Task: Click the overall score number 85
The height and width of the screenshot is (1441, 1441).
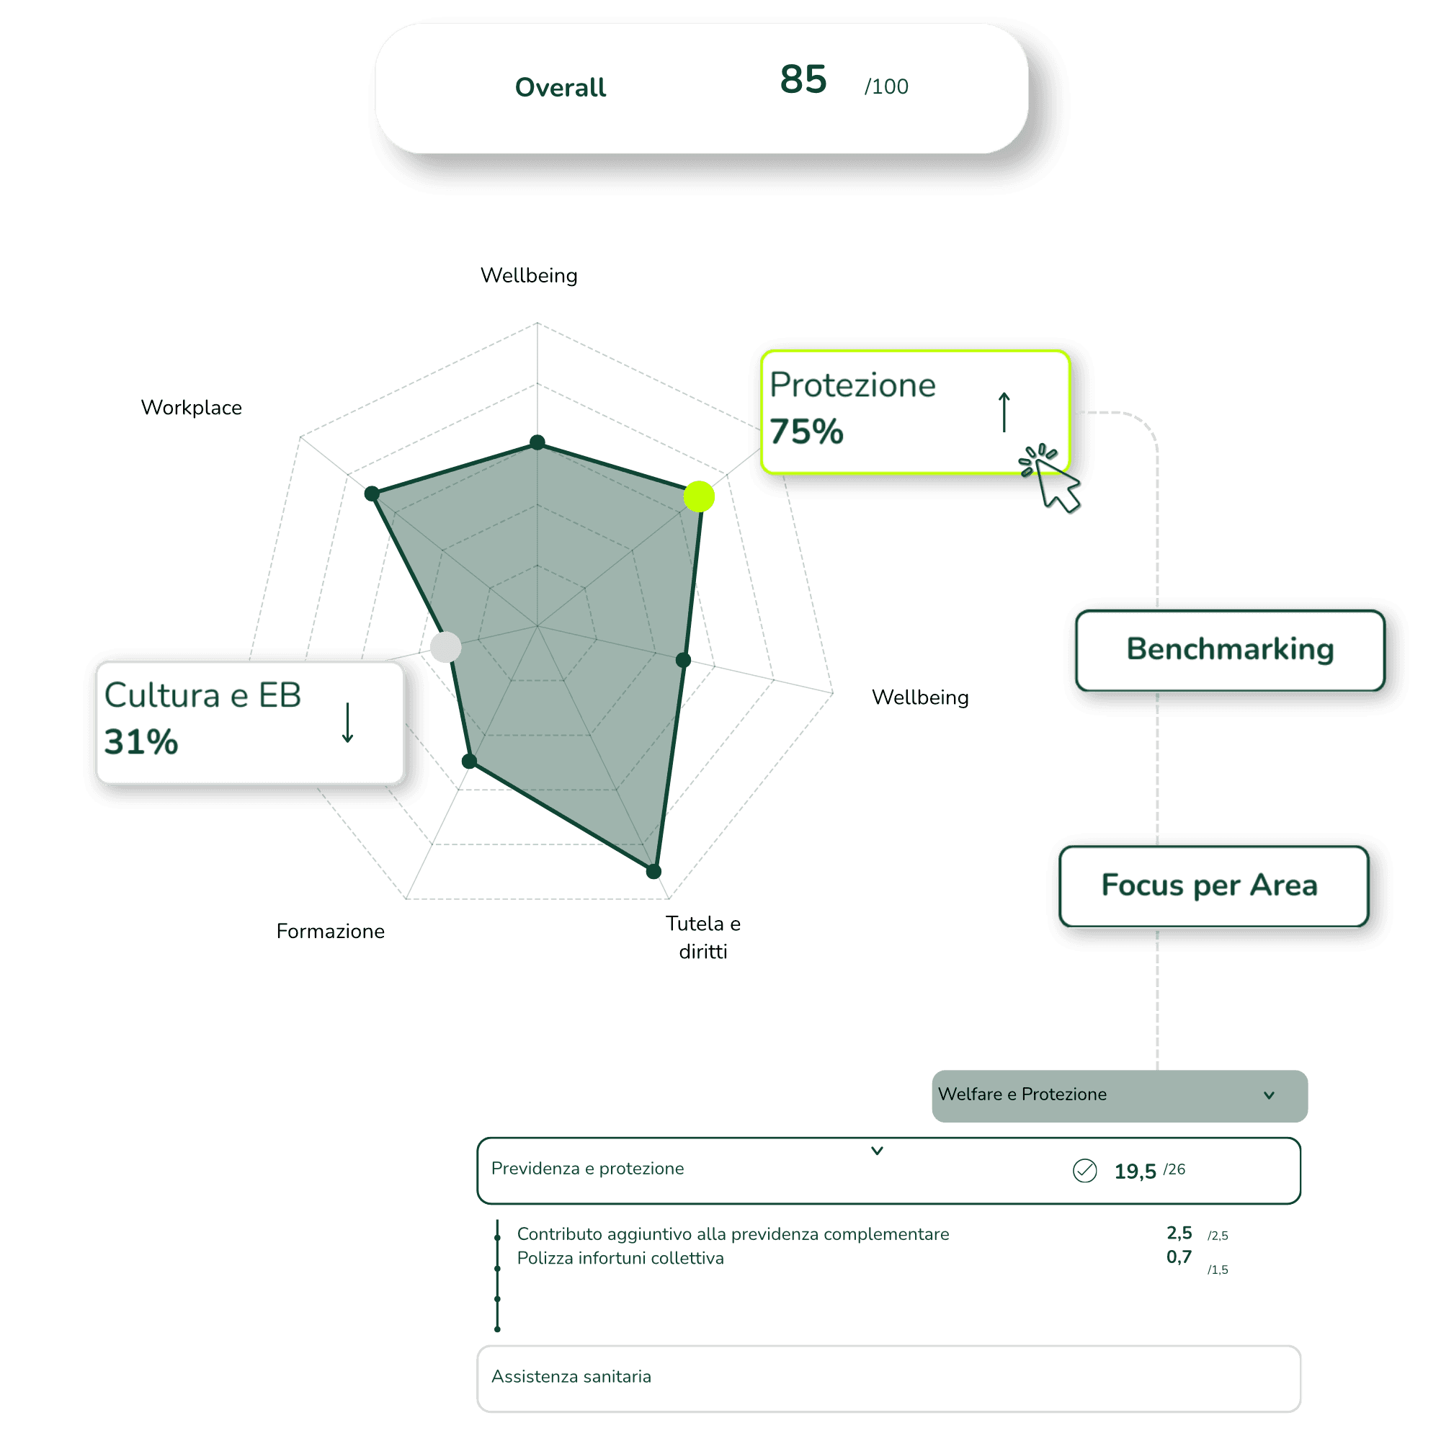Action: pyautogui.click(x=803, y=79)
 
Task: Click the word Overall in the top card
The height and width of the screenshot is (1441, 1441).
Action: pyautogui.click(x=560, y=87)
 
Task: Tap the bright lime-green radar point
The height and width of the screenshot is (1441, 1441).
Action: pyautogui.click(x=699, y=496)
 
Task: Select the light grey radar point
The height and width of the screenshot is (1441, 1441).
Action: pyautogui.click(x=446, y=647)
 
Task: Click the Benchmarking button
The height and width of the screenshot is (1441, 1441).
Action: pyautogui.click(x=1230, y=651)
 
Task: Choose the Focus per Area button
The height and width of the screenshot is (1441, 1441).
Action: pyautogui.click(x=1213, y=886)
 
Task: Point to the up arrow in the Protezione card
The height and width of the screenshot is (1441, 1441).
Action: pyautogui.click(x=1004, y=411)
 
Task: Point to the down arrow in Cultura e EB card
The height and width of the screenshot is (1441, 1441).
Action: pyautogui.click(x=347, y=723)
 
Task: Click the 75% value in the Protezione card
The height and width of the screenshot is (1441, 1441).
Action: pyautogui.click(x=806, y=432)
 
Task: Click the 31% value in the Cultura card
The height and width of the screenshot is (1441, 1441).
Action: pyautogui.click(x=141, y=742)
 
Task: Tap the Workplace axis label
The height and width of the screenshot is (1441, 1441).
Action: pyautogui.click(x=192, y=408)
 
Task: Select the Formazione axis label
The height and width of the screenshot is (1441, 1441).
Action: pyautogui.click(x=331, y=931)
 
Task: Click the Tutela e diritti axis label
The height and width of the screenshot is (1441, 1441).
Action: pyautogui.click(x=702, y=937)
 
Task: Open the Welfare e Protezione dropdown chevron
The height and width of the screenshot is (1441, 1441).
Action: pyautogui.click(x=1269, y=1096)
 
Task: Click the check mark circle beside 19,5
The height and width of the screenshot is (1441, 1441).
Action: pyautogui.click(x=1084, y=1171)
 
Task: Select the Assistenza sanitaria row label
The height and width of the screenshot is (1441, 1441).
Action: pyautogui.click(x=571, y=1377)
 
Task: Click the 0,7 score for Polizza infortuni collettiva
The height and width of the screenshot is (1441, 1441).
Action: pyautogui.click(x=1179, y=1257)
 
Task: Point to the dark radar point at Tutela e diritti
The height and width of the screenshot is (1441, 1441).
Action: pyautogui.click(x=654, y=871)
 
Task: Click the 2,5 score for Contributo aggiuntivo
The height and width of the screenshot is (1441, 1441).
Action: pyautogui.click(x=1179, y=1233)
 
